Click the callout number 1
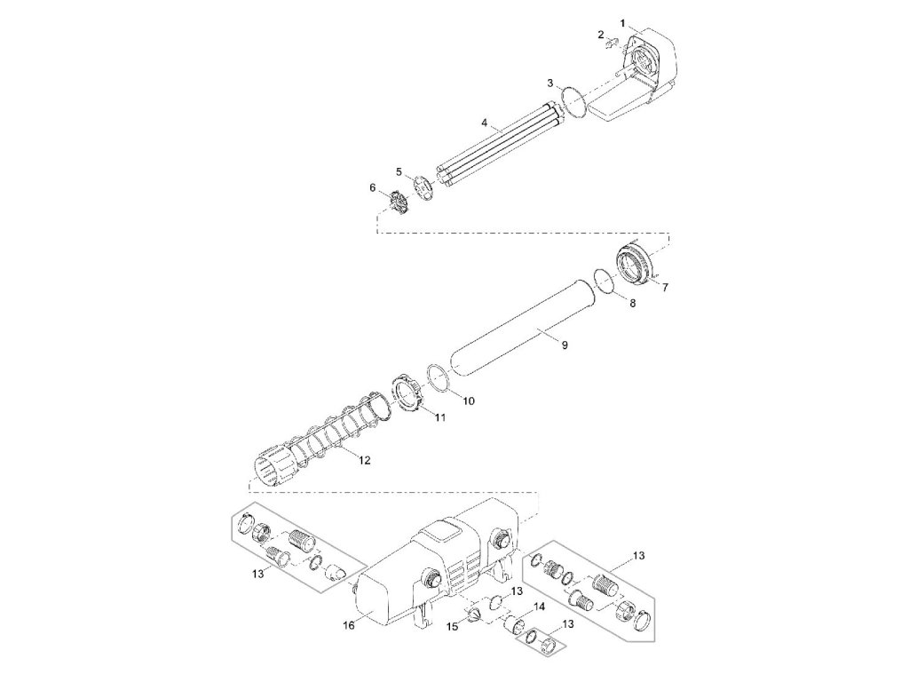pyautogui.click(x=624, y=20)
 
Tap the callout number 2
pyautogui.click(x=601, y=35)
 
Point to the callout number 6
pyautogui.click(x=373, y=186)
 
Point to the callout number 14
pyautogui.click(x=538, y=608)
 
